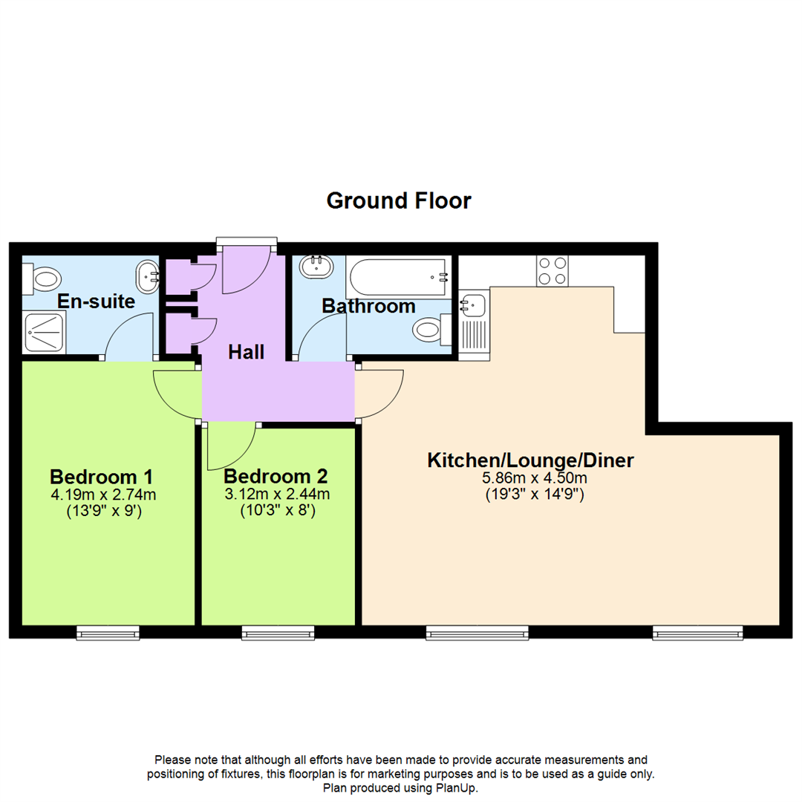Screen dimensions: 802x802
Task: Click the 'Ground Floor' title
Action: point(399,200)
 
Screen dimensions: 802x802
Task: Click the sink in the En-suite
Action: point(148,276)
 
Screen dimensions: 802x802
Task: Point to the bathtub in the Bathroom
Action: point(400,278)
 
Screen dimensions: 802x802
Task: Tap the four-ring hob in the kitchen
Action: point(552,271)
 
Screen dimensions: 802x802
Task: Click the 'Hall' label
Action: point(246,352)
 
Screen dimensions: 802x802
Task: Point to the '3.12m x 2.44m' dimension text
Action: point(276,494)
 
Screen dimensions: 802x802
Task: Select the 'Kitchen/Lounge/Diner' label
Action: point(530,460)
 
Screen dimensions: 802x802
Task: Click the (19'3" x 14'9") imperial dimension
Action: point(530,493)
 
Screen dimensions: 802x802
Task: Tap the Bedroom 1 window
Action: point(108,632)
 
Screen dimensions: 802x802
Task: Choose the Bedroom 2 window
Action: point(278,632)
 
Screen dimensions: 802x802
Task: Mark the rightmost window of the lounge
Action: point(697,632)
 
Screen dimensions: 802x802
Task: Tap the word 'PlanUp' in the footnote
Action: point(456,788)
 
